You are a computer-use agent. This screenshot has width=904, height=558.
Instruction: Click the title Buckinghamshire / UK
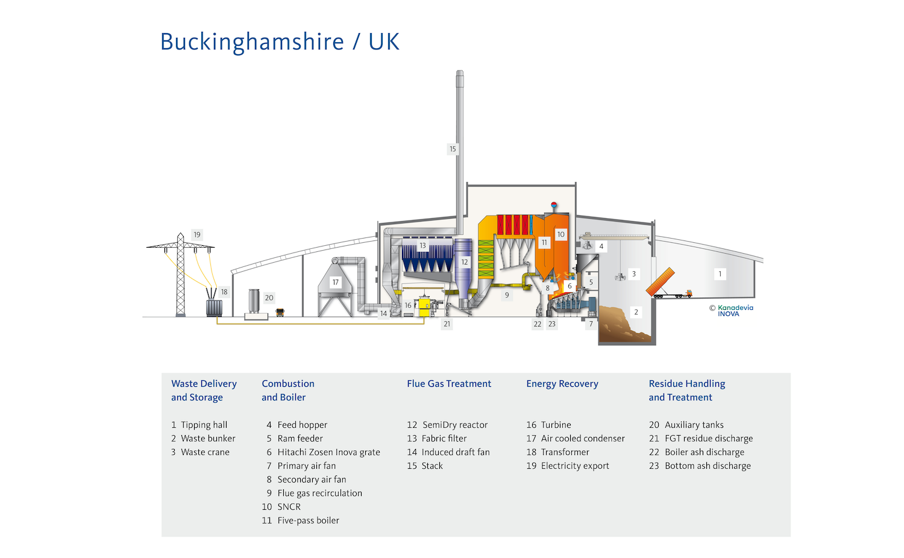[280, 42]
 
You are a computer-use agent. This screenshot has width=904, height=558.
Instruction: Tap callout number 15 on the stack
[453, 149]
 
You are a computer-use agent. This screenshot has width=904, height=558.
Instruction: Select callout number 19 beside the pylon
[197, 234]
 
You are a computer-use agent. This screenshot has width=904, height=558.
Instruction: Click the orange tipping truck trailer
[661, 282]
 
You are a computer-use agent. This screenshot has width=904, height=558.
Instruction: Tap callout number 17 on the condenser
[336, 282]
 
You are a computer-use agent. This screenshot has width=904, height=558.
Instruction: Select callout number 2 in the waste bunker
[636, 312]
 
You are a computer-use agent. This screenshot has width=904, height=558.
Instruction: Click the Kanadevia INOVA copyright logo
[731, 310]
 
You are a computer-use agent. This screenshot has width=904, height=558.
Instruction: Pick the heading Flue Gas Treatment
[449, 384]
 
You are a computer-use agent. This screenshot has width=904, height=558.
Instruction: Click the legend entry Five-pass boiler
[308, 521]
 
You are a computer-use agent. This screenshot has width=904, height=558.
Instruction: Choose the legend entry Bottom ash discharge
[708, 466]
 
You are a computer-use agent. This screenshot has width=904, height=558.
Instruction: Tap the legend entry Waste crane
[205, 452]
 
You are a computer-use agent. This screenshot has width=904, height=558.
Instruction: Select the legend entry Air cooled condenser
[582, 439]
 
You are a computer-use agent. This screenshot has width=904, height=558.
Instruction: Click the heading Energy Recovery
[562, 384]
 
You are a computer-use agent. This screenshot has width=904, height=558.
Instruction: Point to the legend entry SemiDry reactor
[454, 425]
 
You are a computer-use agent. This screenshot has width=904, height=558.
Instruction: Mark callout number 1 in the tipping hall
[720, 274]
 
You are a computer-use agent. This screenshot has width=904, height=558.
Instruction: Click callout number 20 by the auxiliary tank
[269, 298]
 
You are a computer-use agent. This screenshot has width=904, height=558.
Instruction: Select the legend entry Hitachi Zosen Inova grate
[328, 452]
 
